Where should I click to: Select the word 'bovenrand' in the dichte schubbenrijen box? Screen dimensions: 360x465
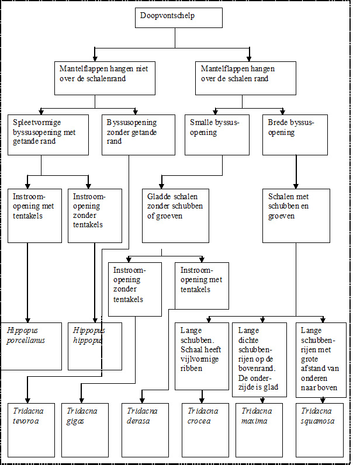coord(257,369)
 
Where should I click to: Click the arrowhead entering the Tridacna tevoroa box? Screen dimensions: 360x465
coord(27,400)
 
